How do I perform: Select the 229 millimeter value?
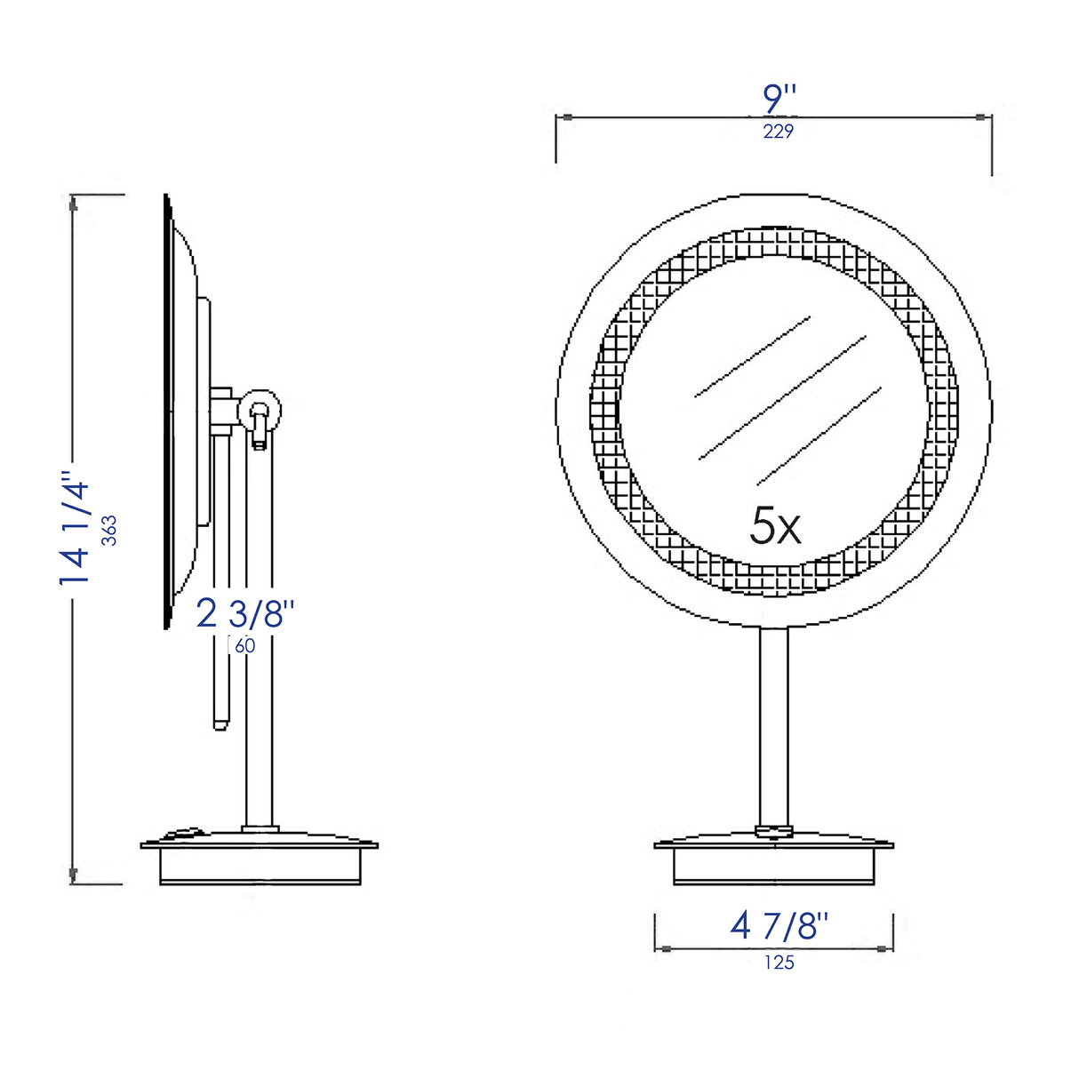778,132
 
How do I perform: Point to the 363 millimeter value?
109,530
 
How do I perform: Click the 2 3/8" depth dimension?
244,613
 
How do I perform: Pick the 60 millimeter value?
244,646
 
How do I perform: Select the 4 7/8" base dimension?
779,926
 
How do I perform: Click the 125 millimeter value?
779,963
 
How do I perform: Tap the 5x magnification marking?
775,526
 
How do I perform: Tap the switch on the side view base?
184,834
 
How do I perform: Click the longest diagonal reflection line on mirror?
782,397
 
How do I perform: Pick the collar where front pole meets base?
773,832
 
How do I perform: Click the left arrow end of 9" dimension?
563,116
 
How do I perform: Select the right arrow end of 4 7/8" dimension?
886,948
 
